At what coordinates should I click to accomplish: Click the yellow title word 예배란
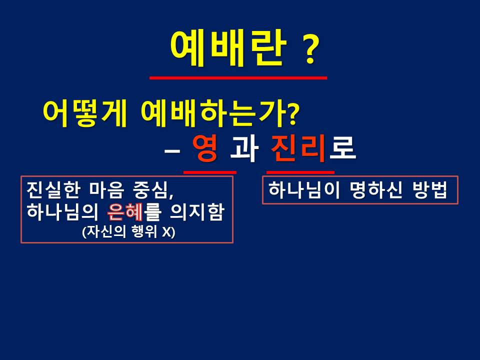pos(228,48)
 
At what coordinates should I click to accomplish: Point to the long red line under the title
pos(238,78)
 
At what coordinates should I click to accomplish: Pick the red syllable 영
pos(205,148)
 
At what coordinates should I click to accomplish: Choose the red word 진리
pos(298,148)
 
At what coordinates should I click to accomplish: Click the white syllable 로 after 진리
pos(342,148)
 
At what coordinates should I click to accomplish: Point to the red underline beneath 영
pos(209,172)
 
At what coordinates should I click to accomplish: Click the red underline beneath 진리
pos(300,172)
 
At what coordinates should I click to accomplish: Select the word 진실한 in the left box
pos(54,190)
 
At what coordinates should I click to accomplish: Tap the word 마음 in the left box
pos(107,190)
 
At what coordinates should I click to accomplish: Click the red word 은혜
pos(125,212)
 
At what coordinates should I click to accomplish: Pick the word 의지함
pos(197,212)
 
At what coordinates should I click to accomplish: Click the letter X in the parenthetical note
pos(167,231)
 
